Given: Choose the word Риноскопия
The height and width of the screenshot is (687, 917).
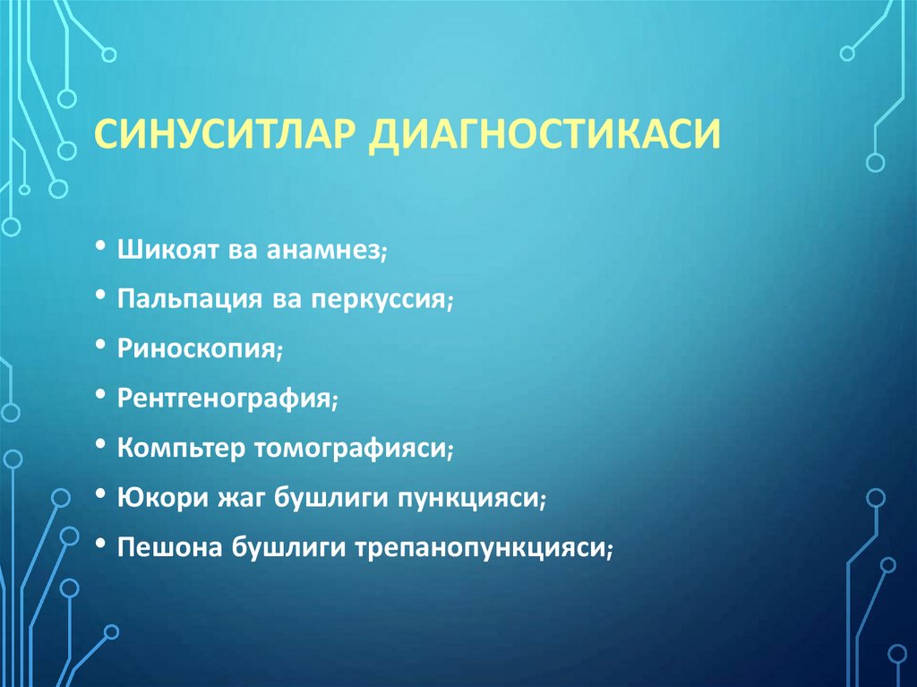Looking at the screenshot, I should click(196, 349).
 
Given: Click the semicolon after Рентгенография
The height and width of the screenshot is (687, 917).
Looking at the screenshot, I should click(334, 401).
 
